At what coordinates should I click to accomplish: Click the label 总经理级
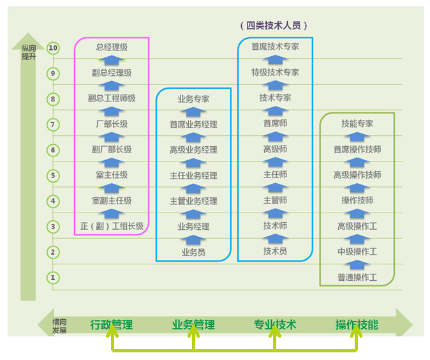(112, 47)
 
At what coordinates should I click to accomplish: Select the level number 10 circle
(54, 48)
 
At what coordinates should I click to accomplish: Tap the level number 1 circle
(54, 278)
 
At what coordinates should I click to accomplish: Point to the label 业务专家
(193, 99)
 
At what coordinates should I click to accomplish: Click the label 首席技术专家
(275, 47)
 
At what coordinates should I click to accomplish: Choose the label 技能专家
(357, 124)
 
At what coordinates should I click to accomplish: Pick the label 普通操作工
(357, 278)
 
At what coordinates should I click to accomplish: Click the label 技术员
(275, 251)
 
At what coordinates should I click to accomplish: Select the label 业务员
(193, 252)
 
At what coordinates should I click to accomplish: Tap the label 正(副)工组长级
(112, 226)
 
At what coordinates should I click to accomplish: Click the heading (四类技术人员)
(274, 26)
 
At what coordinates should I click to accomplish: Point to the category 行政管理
(112, 325)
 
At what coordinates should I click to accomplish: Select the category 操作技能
(357, 325)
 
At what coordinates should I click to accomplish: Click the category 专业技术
(275, 325)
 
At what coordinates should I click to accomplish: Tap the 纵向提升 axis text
(29, 52)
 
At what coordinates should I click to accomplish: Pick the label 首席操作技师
(357, 149)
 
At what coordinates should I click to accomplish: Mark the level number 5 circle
(54, 176)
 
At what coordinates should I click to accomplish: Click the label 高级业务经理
(193, 150)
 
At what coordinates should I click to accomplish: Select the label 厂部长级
(112, 124)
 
